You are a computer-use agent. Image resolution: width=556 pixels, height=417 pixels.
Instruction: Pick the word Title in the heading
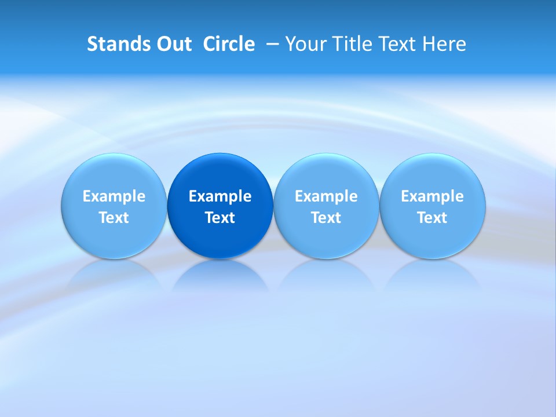tap(350, 44)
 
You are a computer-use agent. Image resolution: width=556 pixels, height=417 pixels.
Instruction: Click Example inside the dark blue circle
tap(220, 196)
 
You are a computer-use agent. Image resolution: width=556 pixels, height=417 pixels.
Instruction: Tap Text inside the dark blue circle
tap(220, 218)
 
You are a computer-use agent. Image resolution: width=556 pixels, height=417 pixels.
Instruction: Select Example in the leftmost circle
tap(114, 196)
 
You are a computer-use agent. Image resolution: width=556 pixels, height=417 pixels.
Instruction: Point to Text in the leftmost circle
tap(114, 218)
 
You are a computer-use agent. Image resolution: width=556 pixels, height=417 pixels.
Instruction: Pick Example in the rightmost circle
tap(432, 196)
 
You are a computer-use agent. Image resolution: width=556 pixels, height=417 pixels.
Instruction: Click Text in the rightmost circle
tap(432, 218)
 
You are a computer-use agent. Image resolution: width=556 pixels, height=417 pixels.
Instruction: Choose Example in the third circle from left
tap(326, 196)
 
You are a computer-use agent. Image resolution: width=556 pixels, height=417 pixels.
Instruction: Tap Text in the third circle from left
tap(326, 218)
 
